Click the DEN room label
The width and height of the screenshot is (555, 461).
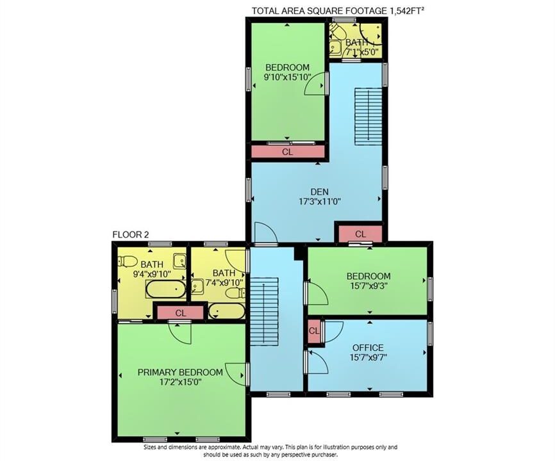click(319, 192)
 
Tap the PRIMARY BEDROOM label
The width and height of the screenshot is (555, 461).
click(180, 372)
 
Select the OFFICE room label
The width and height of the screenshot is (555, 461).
click(368, 348)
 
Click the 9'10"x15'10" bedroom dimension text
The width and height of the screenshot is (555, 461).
click(287, 77)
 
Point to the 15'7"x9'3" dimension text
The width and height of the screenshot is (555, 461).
click(369, 286)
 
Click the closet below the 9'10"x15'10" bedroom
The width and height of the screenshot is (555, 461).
click(288, 152)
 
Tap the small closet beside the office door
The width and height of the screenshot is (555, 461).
click(314, 331)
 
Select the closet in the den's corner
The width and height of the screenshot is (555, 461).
click(360, 234)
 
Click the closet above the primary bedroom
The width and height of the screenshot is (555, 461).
click(181, 313)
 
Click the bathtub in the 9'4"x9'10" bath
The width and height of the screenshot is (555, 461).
click(165, 289)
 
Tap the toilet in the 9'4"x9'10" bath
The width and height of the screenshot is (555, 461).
click(128, 262)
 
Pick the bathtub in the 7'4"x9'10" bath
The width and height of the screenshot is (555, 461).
click(226, 311)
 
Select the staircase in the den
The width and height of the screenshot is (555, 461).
click(369, 117)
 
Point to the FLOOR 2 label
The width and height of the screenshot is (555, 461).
click(131, 234)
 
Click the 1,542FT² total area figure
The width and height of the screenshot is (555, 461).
click(407, 11)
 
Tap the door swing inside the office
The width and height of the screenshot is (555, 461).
click(319, 362)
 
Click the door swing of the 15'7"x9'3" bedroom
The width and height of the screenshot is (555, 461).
click(319, 293)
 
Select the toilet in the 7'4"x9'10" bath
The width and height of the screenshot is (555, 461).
click(235, 293)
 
